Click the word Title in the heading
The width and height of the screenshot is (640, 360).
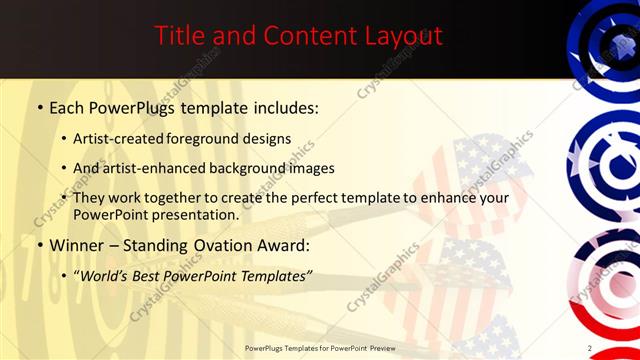(179, 36)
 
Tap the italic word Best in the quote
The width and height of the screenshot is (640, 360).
(149, 275)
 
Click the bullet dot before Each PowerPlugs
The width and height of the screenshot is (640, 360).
(39, 107)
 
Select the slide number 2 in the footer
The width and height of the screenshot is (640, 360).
(590, 348)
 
